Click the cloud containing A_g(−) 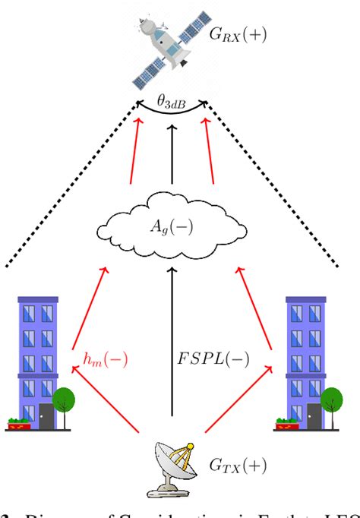[172, 226]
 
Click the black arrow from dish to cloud [172, 342]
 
